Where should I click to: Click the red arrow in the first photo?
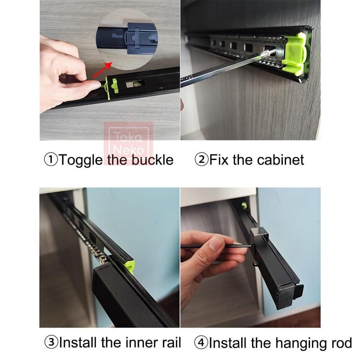(x=102, y=70)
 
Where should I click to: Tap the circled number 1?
(x=51, y=160)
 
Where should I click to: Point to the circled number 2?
(x=201, y=160)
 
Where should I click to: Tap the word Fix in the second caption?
(x=219, y=160)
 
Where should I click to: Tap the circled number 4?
(x=201, y=342)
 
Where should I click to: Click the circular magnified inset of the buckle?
(x=127, y=40)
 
